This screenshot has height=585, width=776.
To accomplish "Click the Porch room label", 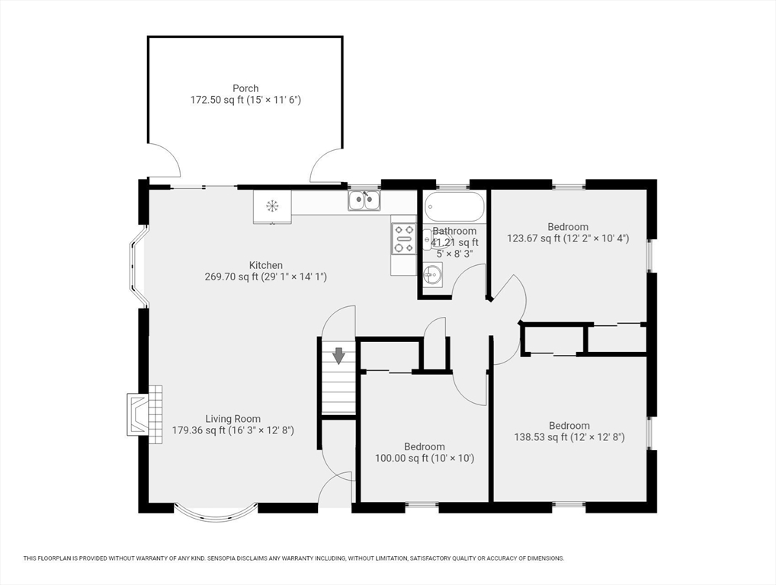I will click(x=245, y=88).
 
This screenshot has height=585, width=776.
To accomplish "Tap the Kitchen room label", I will click(x=265, y=265).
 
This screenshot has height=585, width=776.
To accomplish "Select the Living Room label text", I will click(x=232, y=419).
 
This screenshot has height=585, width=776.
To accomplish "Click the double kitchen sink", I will click(x=364, y=201).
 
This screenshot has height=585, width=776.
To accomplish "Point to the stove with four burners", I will click(x=403, y=238).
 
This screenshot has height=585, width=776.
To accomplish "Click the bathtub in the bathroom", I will click(x=454, y=206).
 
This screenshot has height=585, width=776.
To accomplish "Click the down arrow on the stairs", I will click(x=338, y=356).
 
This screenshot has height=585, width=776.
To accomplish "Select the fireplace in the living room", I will click(x=145, y=414).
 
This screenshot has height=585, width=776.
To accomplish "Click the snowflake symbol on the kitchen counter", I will click(x=272, y=205).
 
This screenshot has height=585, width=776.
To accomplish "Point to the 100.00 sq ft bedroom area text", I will click(x=425, y=459).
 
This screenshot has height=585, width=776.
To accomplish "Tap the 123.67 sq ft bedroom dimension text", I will click(x=568, y=238).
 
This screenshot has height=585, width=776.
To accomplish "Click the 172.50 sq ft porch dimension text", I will click(x=245, y=100).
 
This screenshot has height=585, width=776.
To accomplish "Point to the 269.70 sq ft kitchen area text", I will click(x=265, y=277).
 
